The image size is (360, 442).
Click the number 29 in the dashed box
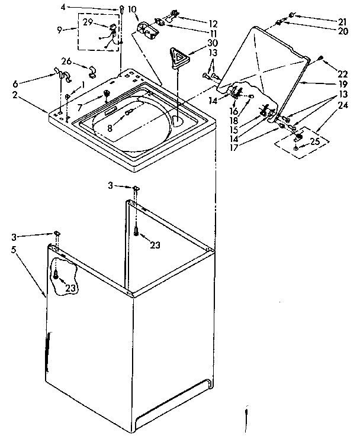[x=87, y=22]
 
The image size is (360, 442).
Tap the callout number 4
[x=107, y=7]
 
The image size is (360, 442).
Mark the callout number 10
[x=132, y=9]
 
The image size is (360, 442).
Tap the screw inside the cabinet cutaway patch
[x=56, y=275]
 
